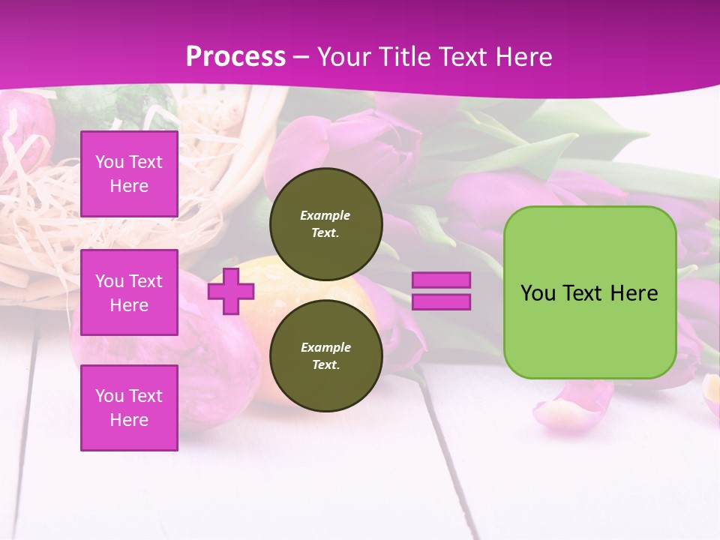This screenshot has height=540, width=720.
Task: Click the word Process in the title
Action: click(x=235, y=57)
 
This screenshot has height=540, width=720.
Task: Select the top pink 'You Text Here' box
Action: click(x=129, y=174)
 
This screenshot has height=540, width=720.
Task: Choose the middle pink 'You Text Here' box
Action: click(x=129, y=292)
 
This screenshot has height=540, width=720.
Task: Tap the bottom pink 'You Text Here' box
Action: click(x=129, y=408)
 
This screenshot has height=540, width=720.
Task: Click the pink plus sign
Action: click(x=231, y=291)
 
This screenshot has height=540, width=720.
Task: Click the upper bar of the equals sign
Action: click(x=442, y=280)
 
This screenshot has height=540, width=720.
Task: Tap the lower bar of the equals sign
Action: click(x=442, y=302)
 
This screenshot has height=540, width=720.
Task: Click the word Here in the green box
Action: click(x=634, y=293)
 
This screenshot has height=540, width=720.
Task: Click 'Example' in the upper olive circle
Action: click(x=325, y=215)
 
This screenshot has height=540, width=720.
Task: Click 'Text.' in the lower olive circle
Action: click(x=325, y=364)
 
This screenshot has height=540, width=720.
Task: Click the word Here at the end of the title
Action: click(x=522, y=57)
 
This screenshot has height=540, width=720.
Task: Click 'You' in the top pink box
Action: click(x=109, y=162)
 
